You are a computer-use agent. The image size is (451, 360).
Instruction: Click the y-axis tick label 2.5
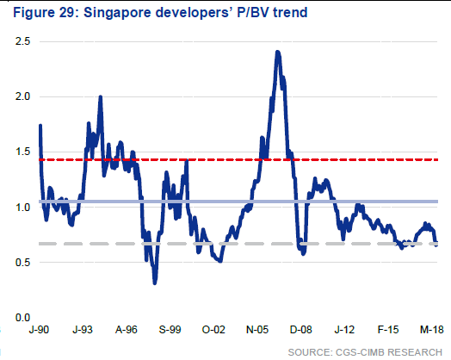click(22, 41)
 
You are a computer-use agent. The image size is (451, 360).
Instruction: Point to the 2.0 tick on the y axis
click(22, 96)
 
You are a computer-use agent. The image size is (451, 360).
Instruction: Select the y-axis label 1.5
click(22, 152)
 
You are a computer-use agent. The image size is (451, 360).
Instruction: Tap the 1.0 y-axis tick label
click(22, 208)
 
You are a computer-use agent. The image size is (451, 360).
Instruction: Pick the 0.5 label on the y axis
click(22, 263)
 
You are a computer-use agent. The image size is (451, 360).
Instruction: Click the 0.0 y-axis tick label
click(22, 318)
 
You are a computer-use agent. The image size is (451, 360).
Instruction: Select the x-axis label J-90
click(39, 330)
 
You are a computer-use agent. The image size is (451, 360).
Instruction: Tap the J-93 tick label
click(83, 330)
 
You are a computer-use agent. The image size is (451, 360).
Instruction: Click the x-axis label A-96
click(127, 330)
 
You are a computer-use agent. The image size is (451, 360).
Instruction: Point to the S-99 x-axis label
click(170, 330)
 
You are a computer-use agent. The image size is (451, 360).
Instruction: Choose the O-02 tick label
click(213, 330)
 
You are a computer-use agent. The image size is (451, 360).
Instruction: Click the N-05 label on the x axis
click(257, 330)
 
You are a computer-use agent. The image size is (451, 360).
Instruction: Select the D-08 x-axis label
click(301, 330)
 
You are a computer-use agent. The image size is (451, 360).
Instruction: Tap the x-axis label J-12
click(344, 330)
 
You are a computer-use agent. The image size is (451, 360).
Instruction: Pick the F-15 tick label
click(388, 330)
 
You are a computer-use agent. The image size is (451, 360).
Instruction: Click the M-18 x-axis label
click(432, 330)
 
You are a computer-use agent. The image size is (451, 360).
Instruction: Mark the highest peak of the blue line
click(277, 52)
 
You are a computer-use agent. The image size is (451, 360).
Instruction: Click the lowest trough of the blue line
click(155, 283)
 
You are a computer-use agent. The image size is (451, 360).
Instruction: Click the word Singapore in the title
click(117, 13)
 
